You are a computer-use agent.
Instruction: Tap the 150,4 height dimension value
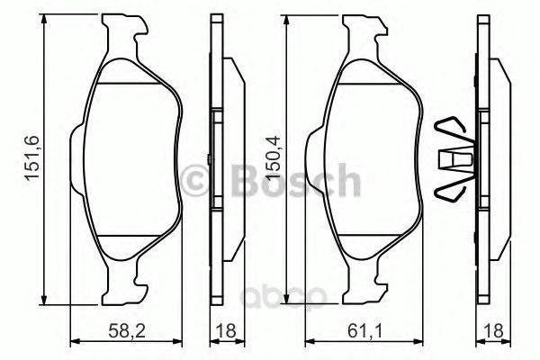tap(273, 157)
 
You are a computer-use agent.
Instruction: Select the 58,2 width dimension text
tap(127, 331)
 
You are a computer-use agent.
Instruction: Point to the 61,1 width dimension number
tap(364, 331)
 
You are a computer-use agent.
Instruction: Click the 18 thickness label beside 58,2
tap(227, 331)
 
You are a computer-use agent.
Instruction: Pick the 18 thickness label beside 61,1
tap(494, 331)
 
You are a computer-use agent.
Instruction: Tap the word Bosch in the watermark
tap(296, 180)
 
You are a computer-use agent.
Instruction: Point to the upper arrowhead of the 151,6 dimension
tap(44, 19)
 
